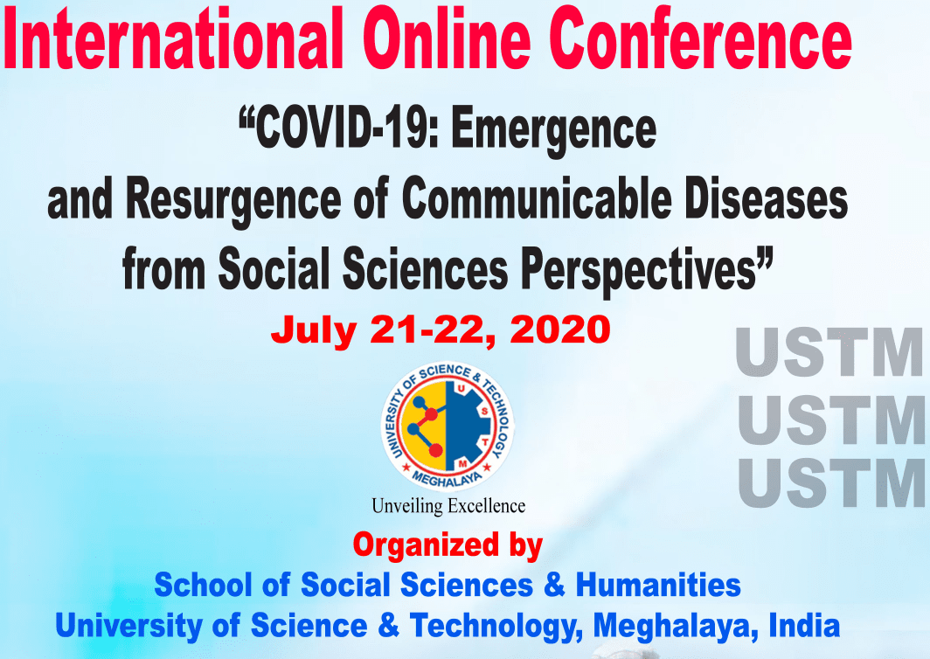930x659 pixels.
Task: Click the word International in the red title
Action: [x=173, y=38]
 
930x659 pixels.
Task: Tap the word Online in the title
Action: [x=447, y=38]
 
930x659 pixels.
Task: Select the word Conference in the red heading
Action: [x=701, y=38]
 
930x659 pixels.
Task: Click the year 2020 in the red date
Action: [x=560, y=329]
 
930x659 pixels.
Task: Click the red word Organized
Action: [x=426, y=545]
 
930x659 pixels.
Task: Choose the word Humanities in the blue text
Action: [x=658, y=585]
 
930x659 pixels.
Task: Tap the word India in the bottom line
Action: [x=804, y=625]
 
